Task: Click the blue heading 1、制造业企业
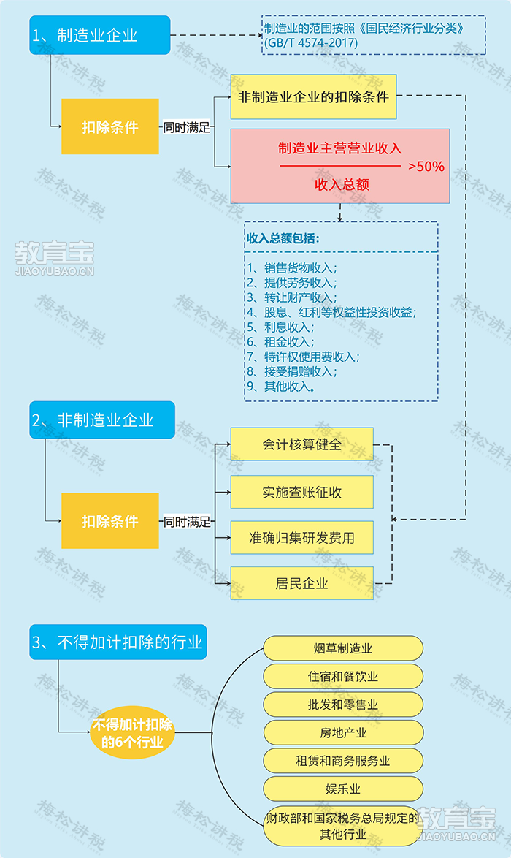tap(100, 35)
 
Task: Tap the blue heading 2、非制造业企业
tap(102, 419)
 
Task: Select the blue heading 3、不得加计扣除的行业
tap(118, 642)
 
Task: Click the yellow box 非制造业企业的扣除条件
tap(314, 97)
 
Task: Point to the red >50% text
tap(426, 167)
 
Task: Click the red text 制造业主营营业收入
tap(340, 148)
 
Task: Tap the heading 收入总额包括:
tap(283, 238)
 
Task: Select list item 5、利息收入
tap(280, 327)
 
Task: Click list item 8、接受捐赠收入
tap(292, 371)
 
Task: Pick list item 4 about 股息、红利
tap(331, 313)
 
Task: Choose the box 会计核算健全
tap(301, 444)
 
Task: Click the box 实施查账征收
tap(301, 492)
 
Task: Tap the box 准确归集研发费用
tap(301, 537)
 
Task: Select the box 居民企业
tap(301, 583)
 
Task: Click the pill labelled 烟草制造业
tap(343, 648)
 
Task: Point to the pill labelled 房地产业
tap(343, 733)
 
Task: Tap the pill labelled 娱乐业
tap(343, 789)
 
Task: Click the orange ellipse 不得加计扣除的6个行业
tap(132, 733)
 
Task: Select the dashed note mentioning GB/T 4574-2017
tap(374, 35)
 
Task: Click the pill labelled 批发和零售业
tap(343, 705)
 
